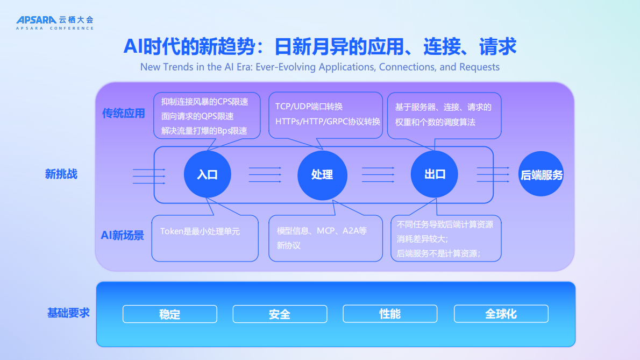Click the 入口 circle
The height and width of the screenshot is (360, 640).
(x=207, y=174)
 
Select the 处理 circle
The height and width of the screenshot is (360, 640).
(x=322, y=174)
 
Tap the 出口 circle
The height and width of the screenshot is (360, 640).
(x=435, y=174)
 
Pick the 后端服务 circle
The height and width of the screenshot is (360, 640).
(x=542, y=174)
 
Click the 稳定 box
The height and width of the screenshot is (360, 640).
(x=169, y=314)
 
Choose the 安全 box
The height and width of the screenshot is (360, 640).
(x=280, y=314)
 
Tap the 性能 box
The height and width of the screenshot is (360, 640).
(x=390, y=314)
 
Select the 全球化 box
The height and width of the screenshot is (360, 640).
(x=501, y=314)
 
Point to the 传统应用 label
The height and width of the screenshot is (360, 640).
(x=124, y=114)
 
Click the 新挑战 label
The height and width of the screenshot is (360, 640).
(x=61, y=174)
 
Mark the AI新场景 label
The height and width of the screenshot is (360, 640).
(x=123, y=235)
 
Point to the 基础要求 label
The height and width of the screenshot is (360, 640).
(x=68, y=313)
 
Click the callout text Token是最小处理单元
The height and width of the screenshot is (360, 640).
(x=200, y=231)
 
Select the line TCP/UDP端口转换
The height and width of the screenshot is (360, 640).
(x=309, y=107)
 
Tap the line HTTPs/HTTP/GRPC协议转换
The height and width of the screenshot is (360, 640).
(x=328, y=121)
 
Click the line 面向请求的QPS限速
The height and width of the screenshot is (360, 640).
(x=197, y=116)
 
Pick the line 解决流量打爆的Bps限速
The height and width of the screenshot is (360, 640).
(x=204, y=130)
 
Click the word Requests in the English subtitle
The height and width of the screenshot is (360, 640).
(x=479, y=67)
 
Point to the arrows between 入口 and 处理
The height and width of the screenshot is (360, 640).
(x=265, y=174)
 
